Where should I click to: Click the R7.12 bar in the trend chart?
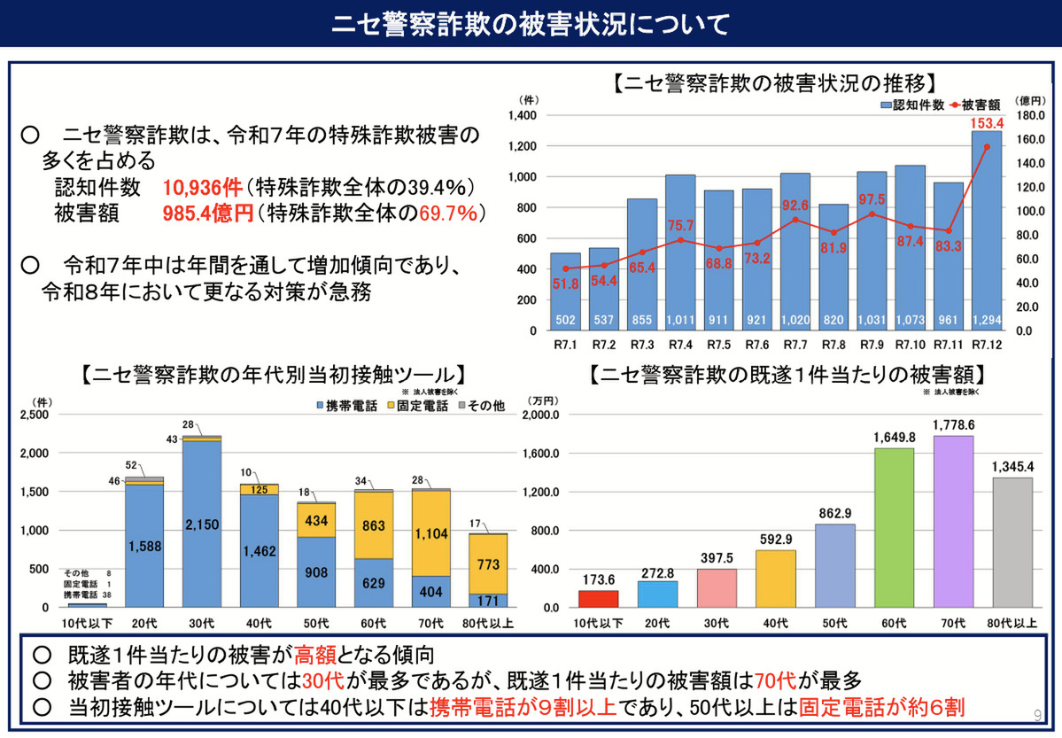(x=986, y=230)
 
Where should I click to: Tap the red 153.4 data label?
(x=987, y=122)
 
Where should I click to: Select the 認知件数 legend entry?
(x=911, y=105)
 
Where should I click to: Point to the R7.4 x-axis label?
(x=679, y=346)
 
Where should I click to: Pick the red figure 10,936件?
(x=202, y=188)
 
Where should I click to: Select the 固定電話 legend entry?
(x=418, y=405)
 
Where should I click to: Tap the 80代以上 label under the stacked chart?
(x=488, y=624)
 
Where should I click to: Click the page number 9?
(x=1038, y=714)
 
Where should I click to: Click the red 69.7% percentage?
(x=450, y=214)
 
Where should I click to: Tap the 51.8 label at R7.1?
(x=565, y=284)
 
